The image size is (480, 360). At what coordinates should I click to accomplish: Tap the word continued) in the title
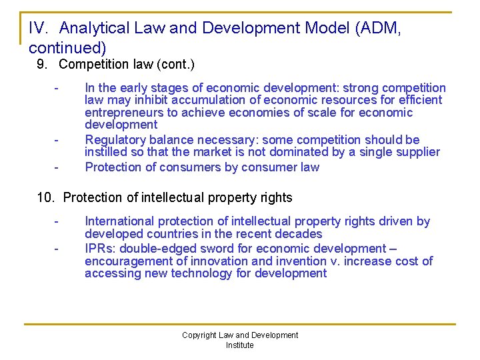(67, 48)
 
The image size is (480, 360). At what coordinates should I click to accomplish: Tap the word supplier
(417, 152)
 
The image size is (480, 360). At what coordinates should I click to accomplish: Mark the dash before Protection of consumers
(57, 167)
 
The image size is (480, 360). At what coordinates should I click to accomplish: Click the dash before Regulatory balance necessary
(57, 141)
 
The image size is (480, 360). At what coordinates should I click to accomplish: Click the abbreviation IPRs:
(101, 248)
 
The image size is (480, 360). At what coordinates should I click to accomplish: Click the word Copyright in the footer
(199, 335)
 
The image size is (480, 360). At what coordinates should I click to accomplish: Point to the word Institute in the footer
(240, 345)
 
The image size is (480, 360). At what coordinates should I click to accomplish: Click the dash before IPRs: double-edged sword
(57, 249)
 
